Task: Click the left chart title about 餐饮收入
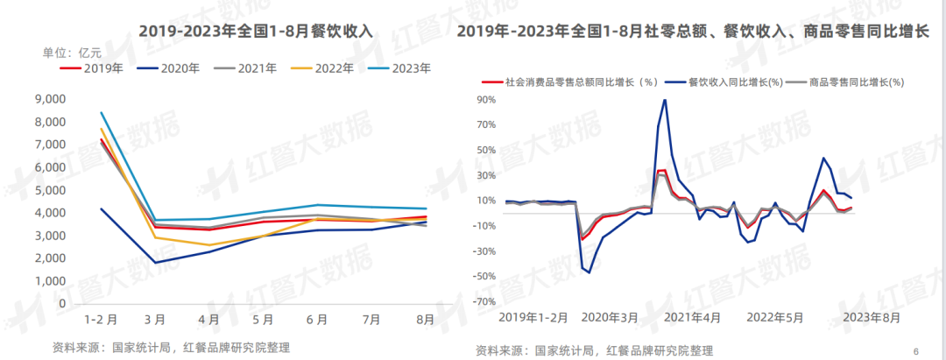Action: (256, 31)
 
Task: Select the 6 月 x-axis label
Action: (317, 321)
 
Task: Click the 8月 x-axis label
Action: (424, 321)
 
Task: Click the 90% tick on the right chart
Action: (487, 99)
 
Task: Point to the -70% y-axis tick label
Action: (484, 302)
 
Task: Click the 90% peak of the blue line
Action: (665, 100)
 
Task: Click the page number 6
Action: (915, 350)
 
